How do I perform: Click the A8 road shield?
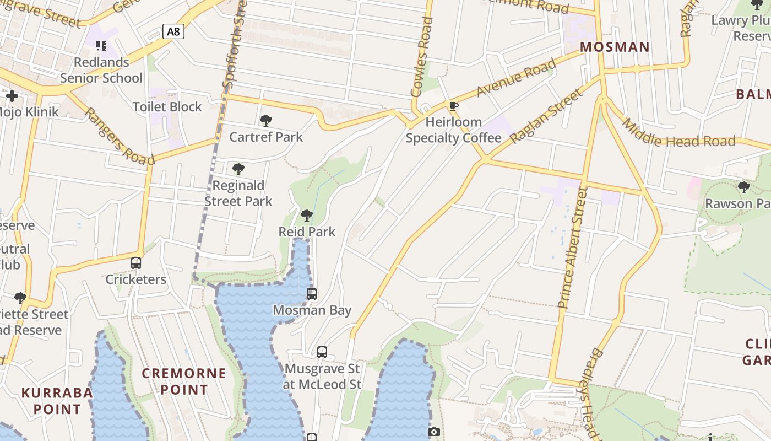click(173, 31)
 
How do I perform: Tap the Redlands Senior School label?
click(101, 70)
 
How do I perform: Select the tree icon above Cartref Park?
click(266, 120)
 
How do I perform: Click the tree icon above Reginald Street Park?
click(238, 169)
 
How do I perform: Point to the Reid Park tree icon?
click(307, 215)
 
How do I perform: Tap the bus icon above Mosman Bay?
click(312, 293)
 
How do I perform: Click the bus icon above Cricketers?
click(136, 263)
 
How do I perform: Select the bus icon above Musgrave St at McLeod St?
click(322, 352)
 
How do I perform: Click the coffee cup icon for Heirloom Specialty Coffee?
click(454, 106)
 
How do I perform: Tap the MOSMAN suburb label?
click(615, 47)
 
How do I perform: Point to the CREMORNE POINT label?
click(184, 381)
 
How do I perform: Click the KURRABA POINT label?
click(57, 401)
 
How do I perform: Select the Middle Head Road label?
click(678, 133)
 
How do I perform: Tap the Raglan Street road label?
click(546, 116)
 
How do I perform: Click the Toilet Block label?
click(167, 107)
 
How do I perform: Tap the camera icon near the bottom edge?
click(434, 432)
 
